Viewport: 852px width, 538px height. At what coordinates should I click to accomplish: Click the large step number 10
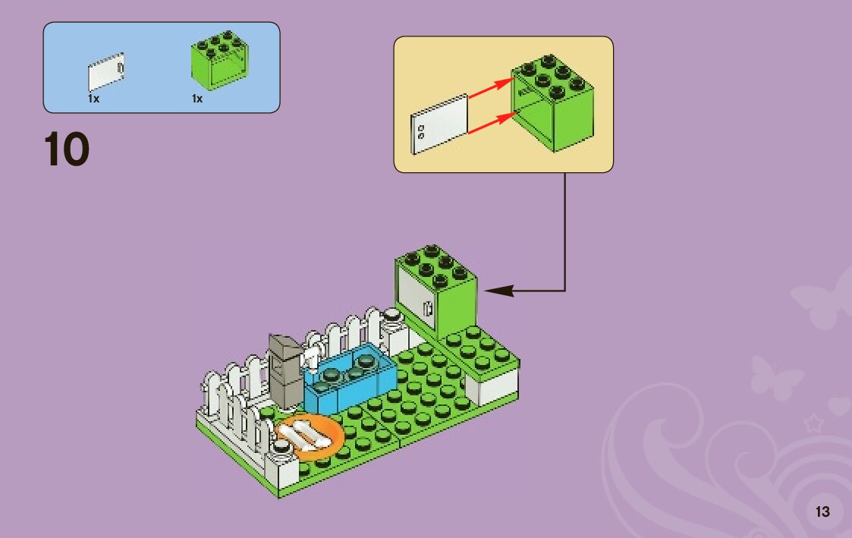[67, 150]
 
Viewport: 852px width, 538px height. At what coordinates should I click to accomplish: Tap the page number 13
[822, 511]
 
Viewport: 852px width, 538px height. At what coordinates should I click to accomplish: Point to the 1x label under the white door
[93, 99]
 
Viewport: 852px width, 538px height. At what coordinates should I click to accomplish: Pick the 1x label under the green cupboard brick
[197, 99]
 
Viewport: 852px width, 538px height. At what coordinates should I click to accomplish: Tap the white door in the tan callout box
[439, 124]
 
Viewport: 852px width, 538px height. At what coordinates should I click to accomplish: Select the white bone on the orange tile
[304, 436]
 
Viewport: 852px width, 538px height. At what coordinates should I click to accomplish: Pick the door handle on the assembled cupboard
[428, 310]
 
